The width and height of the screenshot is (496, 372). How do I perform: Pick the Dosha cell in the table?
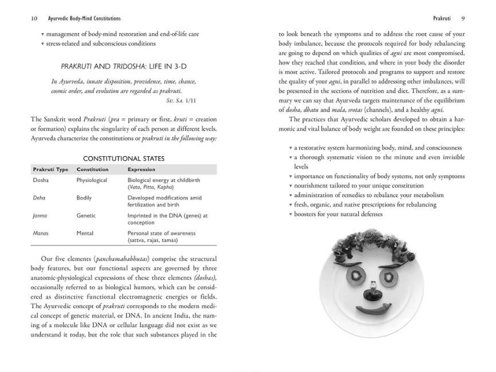41,180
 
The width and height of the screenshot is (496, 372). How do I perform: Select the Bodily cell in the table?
85,197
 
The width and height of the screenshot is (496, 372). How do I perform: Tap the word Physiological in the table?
92,180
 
